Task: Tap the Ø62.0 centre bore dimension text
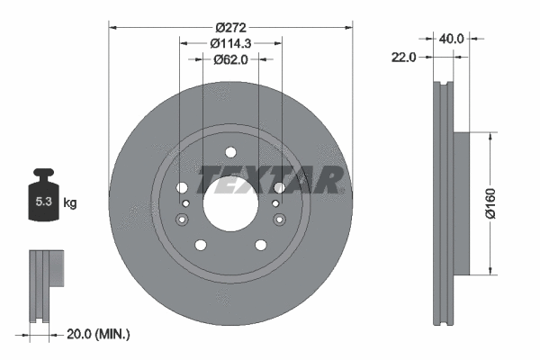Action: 230,59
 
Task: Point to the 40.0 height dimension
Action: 451,39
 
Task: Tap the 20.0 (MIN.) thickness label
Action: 99,334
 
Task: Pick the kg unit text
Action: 70,203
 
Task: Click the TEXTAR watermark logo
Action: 270,180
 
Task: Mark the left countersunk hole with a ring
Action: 185,205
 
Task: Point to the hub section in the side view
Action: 460,203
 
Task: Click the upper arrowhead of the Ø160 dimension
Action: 489,136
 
